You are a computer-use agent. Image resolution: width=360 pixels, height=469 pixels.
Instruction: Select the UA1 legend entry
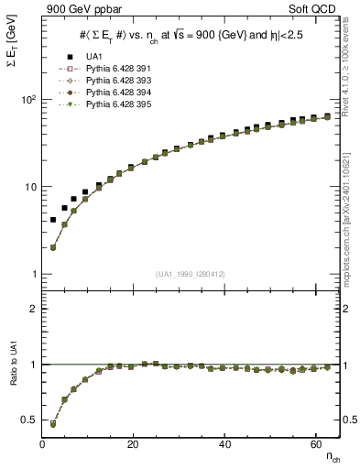coord(92,57)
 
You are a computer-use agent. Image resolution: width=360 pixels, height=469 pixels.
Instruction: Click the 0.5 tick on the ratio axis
coord(30,420)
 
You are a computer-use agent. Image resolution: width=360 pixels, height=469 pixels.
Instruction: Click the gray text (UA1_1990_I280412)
coord(191,273)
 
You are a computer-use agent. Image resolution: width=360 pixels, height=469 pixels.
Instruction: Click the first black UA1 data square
coord(53,220)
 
